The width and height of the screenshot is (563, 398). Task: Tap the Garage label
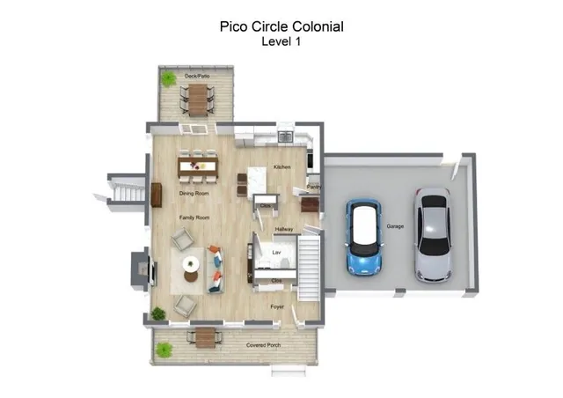point(395,226)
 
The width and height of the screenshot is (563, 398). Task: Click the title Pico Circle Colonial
point(281,26)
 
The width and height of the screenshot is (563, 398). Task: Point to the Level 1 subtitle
point(281,41)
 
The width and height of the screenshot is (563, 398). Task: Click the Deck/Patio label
point(196,76)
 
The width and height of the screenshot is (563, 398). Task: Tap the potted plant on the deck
point(167,79)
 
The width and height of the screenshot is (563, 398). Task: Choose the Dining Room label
point(194,193)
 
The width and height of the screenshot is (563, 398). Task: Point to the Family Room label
point(194,217)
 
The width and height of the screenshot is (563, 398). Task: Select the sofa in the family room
point(216,269)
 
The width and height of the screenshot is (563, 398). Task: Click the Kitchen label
point(281,166)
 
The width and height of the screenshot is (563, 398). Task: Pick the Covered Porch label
point(263,344)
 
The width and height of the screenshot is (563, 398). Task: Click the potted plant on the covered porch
point(164,350)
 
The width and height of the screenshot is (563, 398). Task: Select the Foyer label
point(276,306)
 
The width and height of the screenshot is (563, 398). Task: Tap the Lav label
point(275,252)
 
